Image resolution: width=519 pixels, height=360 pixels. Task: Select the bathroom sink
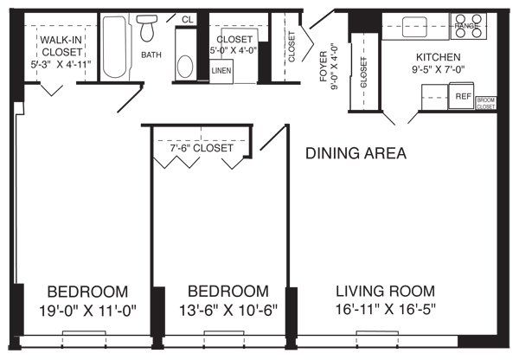tap(184, 66)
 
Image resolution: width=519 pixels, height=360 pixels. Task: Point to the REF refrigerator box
tap(463, 97)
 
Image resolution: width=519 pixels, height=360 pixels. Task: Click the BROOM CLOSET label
tap(486, 103)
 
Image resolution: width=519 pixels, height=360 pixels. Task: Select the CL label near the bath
tap(187, 19)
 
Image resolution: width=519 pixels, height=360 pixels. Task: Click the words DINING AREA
tap(356, 154)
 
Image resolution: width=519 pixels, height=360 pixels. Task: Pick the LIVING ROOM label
tap(385, 291)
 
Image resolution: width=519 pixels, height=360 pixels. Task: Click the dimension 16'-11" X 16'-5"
tap(385, 309)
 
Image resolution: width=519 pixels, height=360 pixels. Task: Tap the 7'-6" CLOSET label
tap(201, 148)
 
